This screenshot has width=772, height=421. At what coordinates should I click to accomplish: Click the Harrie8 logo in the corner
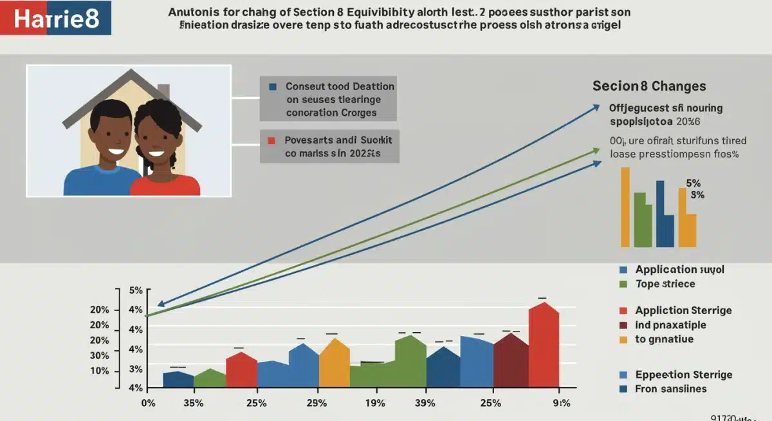pyautogui.click(x=56, y=17)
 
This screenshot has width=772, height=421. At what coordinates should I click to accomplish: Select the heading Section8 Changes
pyautogui.click(x=649, y=86)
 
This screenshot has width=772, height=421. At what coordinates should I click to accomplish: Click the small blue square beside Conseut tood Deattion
pyautogui.click(x=273, y=86)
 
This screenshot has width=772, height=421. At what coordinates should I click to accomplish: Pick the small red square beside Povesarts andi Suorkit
pyautogui.click(x=272, y=140)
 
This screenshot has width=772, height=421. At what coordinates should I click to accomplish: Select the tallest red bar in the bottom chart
pyautogui.click(x=544, y=344)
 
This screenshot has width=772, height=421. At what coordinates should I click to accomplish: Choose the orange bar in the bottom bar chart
pyautogui.click(x=334, y=364)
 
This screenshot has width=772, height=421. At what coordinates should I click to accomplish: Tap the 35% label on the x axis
pyautogui.click(x=193, y=404)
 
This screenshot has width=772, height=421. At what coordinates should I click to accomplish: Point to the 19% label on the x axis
pyautogui.click(x=375, y=404)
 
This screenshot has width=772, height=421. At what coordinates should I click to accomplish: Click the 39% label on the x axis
pyautogui.click(x=425, y=404)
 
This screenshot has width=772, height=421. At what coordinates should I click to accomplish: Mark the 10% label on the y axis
pyautogui.click(x=100, y=371)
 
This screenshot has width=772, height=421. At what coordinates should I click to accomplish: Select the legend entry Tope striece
pyautogui.click(x=665, y=284)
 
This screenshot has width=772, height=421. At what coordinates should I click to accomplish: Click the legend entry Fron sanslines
pyautogui.click(x=670, y=389)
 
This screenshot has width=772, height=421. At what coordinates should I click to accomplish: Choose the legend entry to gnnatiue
pyautogui.click(x=664, y=339)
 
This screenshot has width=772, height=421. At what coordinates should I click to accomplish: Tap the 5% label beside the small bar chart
pyautogui.click(x=694, y=183)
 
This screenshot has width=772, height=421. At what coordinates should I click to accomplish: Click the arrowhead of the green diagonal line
pyautogui.click(x=596, y=153)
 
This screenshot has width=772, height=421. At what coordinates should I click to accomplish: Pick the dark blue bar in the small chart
pyautogui.click(x=661, y=212)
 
